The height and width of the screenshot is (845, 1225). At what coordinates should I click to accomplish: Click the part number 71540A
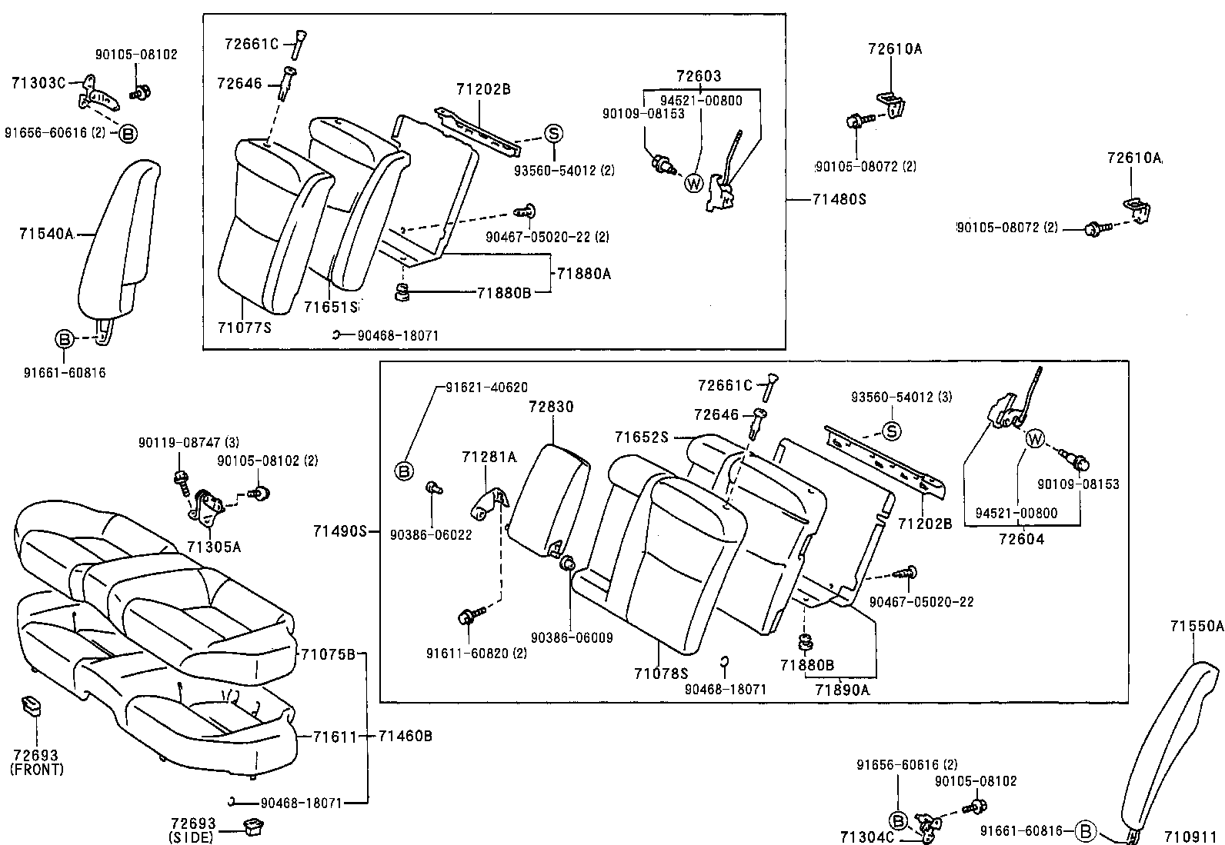click(45, 234)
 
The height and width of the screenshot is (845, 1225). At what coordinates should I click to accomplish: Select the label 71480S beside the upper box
click(839, 199)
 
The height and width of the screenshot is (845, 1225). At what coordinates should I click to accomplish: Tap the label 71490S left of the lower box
click(339, 531)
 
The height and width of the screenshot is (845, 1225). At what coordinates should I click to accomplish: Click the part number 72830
click(551, 407)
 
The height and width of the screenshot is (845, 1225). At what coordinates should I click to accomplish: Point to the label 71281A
click(489, 457)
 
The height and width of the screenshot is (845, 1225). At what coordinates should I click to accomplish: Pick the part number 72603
click(699, 76)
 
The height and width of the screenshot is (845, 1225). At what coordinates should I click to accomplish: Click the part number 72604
click(1021, 540)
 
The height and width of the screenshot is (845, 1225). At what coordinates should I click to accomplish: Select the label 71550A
click(1197, 626)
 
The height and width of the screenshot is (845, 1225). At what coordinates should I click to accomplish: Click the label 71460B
click(405, 737)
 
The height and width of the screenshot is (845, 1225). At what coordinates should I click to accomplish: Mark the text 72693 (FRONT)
click(37, 762)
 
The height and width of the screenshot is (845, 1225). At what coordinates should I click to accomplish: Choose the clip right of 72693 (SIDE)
click(252, 827)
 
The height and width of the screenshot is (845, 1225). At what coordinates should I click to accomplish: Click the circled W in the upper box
click(693, 183)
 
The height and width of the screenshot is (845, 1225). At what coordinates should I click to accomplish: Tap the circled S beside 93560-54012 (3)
click(891, 431)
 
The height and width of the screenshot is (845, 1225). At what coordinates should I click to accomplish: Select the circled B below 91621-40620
click(405, 471)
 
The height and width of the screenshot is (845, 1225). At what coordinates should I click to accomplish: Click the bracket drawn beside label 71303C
click(95, 95)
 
